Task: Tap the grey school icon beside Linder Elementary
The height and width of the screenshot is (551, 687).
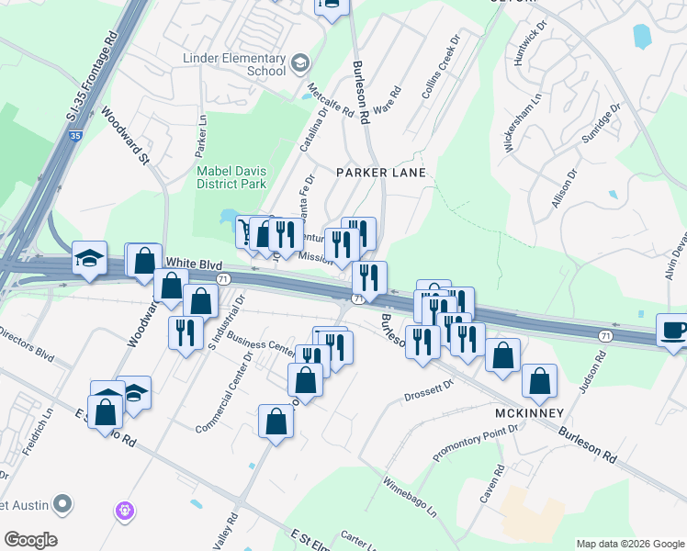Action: pyautogui.click(x=299, y=63)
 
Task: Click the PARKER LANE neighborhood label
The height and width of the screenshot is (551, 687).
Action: pyautogui.click(x=380, y=173)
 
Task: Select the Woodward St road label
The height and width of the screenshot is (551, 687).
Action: pyautogui.click(x=125, y=136)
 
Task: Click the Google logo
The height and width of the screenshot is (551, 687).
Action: pyautogui.click(x=30, y=540)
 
